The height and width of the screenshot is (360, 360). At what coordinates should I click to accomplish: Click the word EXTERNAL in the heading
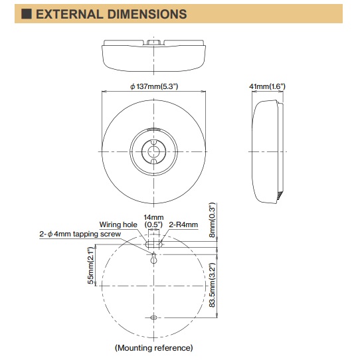click(70, 14)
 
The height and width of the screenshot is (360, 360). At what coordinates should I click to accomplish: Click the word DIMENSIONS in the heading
click(147, 14)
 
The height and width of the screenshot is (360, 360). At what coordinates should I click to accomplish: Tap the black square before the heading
click(27, 14)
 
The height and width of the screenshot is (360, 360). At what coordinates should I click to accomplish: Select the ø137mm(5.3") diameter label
click(154, 86)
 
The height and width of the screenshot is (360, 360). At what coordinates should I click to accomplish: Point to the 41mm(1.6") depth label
click(267, 86)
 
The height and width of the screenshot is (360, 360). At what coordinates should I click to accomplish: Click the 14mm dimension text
click(153, 217)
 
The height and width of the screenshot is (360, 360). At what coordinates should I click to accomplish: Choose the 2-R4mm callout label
click(183, 225)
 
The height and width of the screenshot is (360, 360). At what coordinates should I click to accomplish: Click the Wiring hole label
click(118, 225)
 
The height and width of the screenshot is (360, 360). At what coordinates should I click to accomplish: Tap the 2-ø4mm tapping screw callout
click(80, 234)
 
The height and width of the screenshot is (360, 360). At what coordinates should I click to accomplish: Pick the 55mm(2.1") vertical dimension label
click(91, 266)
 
